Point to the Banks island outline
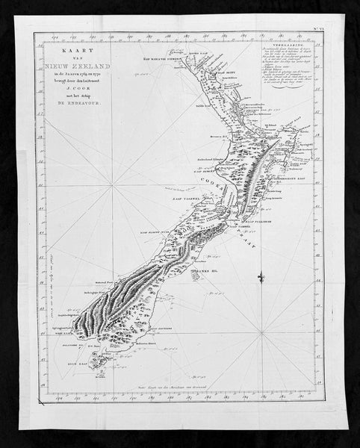[196, 277]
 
